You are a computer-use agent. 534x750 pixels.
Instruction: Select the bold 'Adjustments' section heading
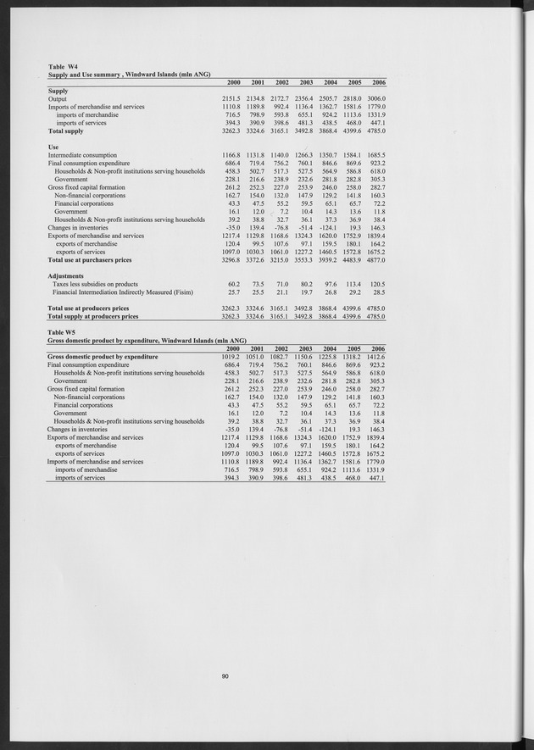point(68,275)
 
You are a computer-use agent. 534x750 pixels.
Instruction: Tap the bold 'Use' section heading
point(53,146)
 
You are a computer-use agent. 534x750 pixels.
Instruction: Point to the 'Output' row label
point(58,99)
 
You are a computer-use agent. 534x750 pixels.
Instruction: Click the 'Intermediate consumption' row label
point(82,155)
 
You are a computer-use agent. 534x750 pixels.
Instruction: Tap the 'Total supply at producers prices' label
point(93,316)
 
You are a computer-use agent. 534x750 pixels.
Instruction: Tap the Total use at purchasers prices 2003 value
point(302,258)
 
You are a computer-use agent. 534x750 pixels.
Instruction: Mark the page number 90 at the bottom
point(225,675)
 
